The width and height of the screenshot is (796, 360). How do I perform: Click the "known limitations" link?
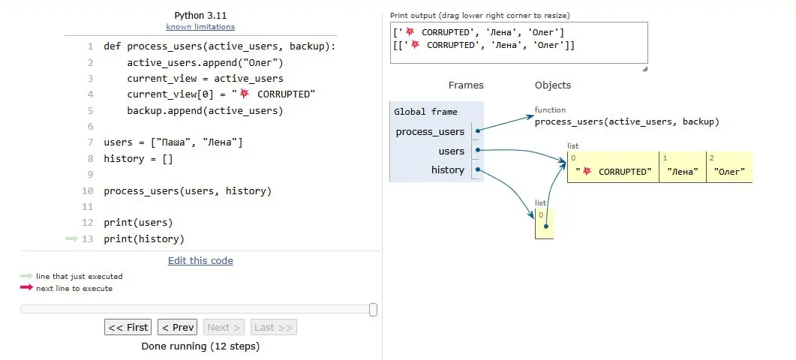[x=200, y=26]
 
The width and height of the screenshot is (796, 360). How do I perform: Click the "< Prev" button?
[x=177, y=327]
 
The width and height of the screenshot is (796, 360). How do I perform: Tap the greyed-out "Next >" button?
[x=224, y=327]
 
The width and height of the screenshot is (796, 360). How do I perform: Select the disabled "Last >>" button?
[x=274, y=327]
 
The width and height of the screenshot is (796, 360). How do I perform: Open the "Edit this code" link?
[x=200, y=260]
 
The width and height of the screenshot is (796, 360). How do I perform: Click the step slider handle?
[x=373, y=310]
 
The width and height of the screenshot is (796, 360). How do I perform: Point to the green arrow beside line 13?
[x=71, y=238]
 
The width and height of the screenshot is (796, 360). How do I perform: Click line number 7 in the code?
[x=90, y=142]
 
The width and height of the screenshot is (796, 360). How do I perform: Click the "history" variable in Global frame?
[x=447, y=169]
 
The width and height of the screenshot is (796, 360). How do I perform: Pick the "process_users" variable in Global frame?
[x=430, y=132]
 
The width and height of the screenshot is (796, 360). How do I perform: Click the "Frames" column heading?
[x=466, y=85]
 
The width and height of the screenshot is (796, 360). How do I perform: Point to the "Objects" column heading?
[x=553, y=85]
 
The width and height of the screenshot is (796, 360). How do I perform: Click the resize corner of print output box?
[x=644, y=68]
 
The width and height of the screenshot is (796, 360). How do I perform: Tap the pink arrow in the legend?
[x=26, y=287]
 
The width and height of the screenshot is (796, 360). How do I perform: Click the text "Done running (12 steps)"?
[x=200, y=346]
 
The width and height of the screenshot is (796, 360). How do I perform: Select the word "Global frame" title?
[x=425, y=112]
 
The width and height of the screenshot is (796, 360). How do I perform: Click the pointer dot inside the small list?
[x=545, y=226]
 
